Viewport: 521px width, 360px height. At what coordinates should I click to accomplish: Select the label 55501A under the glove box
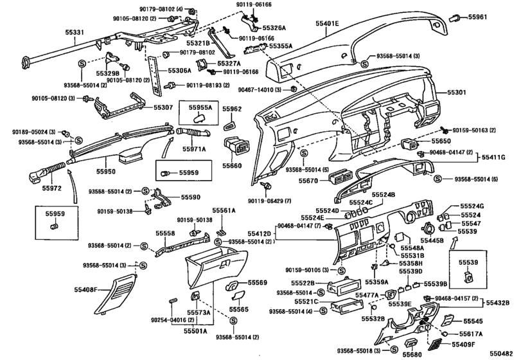196,331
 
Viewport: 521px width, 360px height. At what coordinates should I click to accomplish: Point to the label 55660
233,165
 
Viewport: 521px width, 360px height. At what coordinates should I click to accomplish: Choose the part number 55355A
281,46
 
